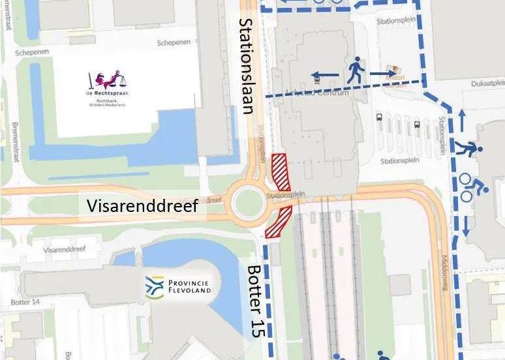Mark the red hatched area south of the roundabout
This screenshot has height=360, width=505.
click(x=279, y=222)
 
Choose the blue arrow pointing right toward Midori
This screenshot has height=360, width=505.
click(x=384, y=73)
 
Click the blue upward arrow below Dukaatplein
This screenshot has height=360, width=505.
click(x=462, y=119)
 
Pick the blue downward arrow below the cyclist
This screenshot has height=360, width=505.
click(x=466, y=224)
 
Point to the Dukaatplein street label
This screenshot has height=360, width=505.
click(x=489, y=83)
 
